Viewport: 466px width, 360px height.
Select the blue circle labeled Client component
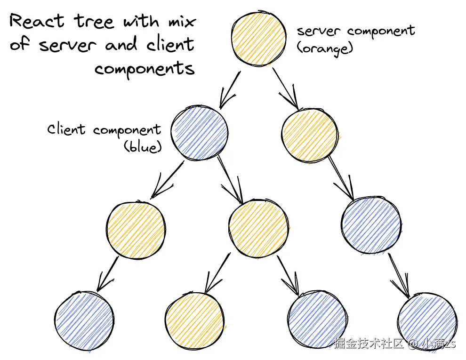(x=199, y=134)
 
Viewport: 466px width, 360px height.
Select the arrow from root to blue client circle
(x=230, y=89)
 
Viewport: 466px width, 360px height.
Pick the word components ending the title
(x=145, y=69)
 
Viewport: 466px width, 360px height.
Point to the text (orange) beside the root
(x=324, y=48)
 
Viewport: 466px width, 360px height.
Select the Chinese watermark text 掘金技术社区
(x=369, y=344)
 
